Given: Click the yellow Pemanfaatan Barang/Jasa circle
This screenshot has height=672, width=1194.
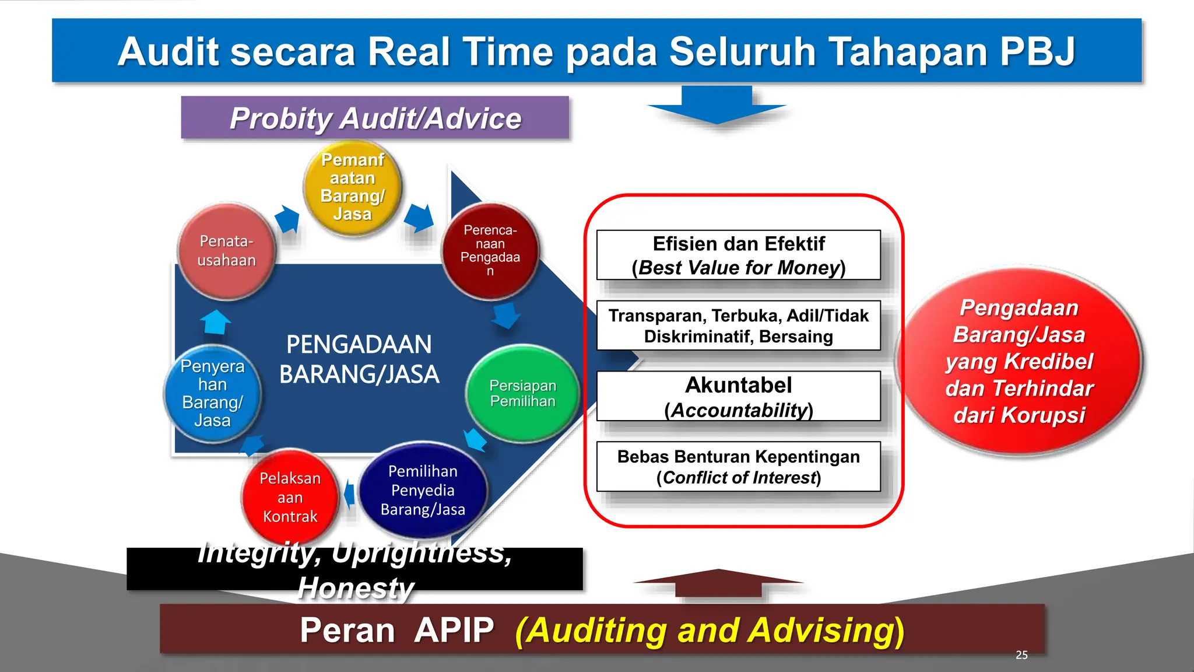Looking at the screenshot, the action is [x=353, y=188].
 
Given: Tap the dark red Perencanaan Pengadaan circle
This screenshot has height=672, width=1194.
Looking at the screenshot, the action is [x=490, y=251].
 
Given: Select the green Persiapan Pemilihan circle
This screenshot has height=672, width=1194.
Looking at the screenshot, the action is [x=523, y=393].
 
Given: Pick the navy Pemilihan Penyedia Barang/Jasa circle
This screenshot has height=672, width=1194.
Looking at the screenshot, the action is [x=423, y=490].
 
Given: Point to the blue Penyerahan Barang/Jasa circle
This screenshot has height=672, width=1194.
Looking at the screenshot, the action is [x=212, y=393].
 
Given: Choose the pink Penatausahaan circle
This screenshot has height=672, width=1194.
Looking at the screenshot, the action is [x=226, y=251].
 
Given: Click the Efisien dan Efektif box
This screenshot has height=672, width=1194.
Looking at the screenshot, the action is [x=739, y=255].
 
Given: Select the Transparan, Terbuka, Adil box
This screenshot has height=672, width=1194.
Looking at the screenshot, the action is [x=739, y=325].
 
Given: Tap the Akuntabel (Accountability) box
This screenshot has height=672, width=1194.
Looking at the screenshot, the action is [x=739, y=396].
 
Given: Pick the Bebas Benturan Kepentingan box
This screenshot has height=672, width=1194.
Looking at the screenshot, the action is [x=739, y=467].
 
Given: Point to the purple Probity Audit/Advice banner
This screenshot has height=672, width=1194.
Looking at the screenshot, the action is [x=375, y=117].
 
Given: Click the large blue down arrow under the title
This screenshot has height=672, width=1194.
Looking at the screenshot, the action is [x=717, y=105].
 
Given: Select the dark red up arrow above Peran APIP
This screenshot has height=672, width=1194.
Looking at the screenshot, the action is [x=719, y=582].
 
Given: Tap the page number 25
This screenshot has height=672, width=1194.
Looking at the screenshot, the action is [x=1021, y=655].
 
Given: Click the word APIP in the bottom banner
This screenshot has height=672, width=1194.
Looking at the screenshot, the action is [x=454, y=630].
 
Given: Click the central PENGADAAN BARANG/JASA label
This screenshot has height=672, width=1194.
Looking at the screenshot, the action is [x=359, y=359].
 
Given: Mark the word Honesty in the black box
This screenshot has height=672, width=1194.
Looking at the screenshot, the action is [x=356, y=588].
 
